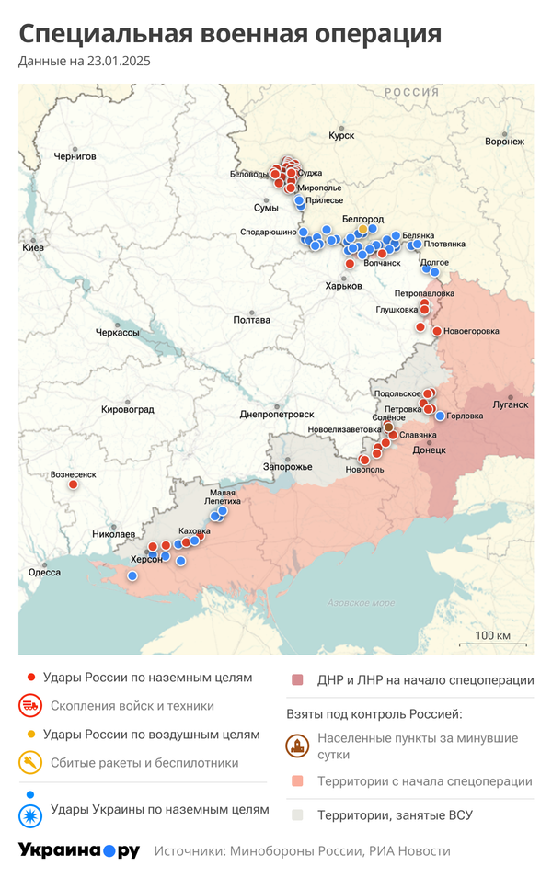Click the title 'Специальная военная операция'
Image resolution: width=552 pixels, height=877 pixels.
tap(230, 35)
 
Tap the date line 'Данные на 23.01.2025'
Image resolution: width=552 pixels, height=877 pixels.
tap(85, 62)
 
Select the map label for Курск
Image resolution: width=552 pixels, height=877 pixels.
tap(341, 135)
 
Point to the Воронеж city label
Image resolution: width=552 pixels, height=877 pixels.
tap(504, 142)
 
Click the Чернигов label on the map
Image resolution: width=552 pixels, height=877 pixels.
tap(75, 156)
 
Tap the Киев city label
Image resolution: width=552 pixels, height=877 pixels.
tap(33, 248)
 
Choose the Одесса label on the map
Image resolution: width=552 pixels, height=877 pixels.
tap(44, 571)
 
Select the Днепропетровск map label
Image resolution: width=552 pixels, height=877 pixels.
tap(276, 414)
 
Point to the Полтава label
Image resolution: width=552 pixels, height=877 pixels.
tap(252, 320)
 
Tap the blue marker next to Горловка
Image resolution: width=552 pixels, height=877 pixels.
tap(441, 416)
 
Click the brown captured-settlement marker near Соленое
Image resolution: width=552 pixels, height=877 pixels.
tap(388, 427)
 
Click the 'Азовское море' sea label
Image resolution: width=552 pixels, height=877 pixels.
tap(361, 603)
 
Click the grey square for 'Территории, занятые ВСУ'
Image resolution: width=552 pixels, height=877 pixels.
tap(296, 814)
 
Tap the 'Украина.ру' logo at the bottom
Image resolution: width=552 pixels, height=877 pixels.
tap(79, 850)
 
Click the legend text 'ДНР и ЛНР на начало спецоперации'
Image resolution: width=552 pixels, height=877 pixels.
tap(425, 680)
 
